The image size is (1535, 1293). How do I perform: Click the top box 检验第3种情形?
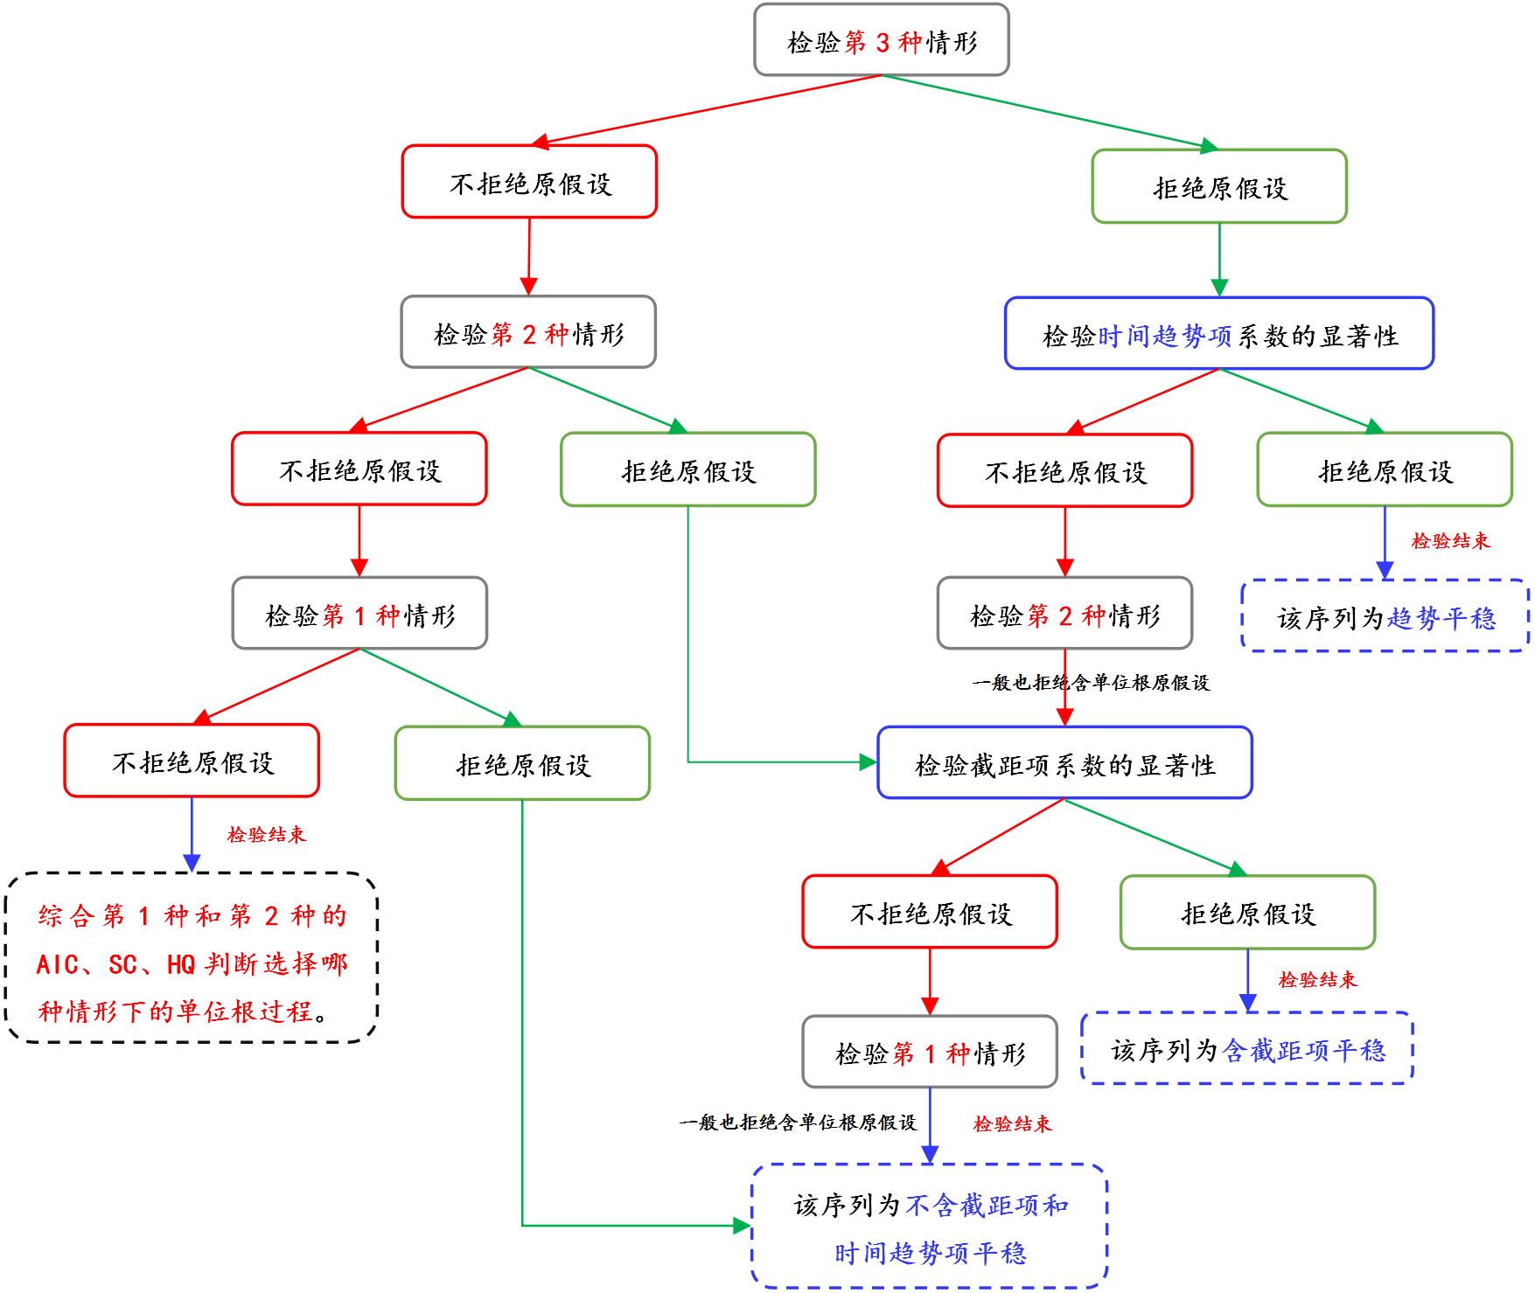click(x=882, y=41)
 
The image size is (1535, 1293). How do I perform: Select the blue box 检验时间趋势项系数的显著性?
click(x=1218, y=335)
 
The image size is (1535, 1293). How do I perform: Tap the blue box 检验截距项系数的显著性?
click(x=1064, y=764)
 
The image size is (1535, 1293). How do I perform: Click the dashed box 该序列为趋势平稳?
click(x=1385, y=617)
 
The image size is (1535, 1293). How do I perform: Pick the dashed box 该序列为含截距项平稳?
click(x=1247, y=1049)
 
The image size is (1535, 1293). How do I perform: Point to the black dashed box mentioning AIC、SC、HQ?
click(x=192, y=959)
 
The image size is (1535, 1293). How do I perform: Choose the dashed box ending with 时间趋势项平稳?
click(x=929, y=1227)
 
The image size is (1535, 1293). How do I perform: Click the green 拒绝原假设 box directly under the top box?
click(x=1219, y=187)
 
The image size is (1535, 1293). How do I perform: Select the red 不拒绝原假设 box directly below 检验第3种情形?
click(x=529, y=183)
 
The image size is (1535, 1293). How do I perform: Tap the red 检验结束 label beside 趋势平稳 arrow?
click(x=1449, y=541)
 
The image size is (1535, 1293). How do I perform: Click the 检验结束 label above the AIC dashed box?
click(x=266, y=835)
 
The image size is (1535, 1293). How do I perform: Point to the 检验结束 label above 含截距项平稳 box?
click(x=1316, y=980)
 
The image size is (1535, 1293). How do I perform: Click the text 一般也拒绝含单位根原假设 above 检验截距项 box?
click(x=1090, y=683)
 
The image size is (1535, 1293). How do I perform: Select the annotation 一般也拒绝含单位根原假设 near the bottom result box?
click(x=797, y=1123)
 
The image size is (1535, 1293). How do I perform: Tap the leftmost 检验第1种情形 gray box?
click(x=359, y=615)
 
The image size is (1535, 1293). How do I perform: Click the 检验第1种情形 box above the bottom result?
click(x=930, y=1053)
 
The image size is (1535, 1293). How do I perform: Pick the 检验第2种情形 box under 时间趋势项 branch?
click(x=1064, y=615)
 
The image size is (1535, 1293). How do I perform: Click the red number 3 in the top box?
click(x=882, y=42)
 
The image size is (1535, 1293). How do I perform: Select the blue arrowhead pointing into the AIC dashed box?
click(x=192, y=863)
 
